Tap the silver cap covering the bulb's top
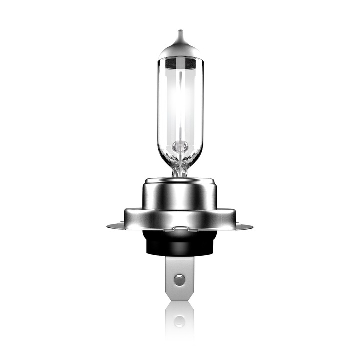coord(180,50)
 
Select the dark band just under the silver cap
coord(180,63)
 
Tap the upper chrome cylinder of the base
coord(180,192)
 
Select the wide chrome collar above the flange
coord(180,217)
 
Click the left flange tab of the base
coord(116,226)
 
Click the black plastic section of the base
coord(180,245)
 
